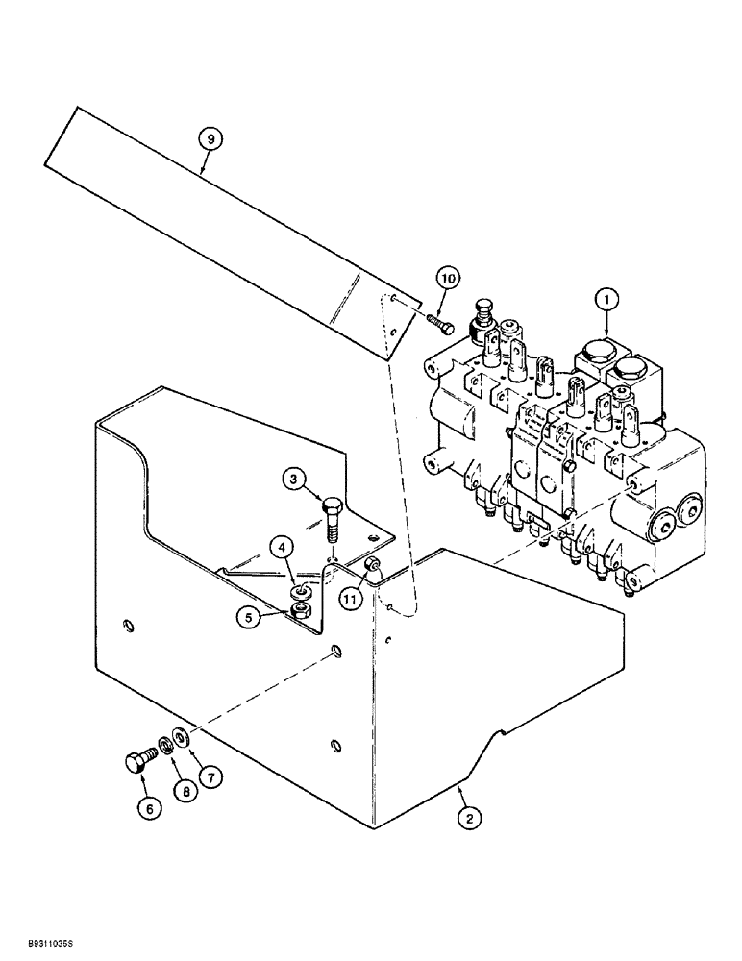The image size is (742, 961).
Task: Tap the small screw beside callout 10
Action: click(x=436, y=322)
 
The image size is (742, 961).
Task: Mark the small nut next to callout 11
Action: click(x=373, y=566)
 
